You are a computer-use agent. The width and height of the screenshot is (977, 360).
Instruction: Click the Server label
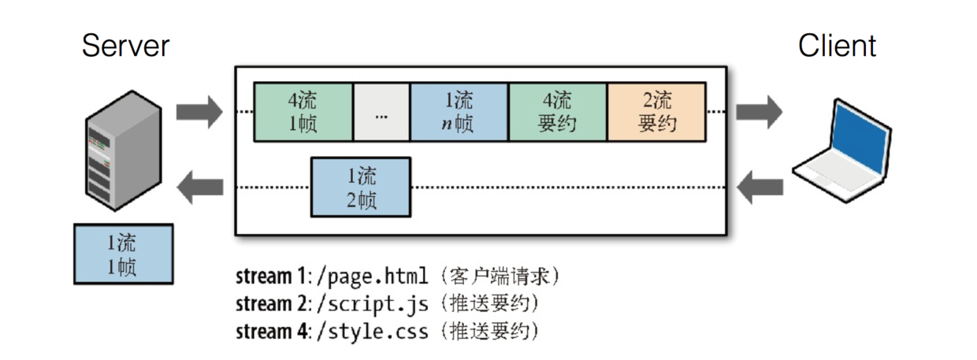click(125, 46)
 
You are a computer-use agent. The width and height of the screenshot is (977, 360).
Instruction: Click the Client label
click(837, 46)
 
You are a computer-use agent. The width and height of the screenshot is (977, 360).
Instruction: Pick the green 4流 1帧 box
click(303, 112)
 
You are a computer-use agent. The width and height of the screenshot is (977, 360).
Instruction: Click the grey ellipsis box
click(381, 112)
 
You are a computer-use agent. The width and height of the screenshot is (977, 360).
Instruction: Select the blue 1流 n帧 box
click(459, 112)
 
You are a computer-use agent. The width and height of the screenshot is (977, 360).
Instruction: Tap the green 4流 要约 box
click(558, 112)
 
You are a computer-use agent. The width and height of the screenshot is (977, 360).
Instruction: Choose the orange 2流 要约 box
click(656, 112)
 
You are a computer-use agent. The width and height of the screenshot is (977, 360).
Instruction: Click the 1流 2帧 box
click(361, 187)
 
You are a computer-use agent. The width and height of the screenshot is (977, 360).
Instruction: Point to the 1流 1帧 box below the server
click(122, 254)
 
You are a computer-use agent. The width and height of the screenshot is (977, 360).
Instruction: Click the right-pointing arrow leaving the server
click(199, 112)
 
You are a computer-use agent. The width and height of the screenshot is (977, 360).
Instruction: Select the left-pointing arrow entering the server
click(199, 187)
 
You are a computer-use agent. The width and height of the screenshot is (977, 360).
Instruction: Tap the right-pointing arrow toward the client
click(759, 112)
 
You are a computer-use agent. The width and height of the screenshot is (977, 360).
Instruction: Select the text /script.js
click(371, 303)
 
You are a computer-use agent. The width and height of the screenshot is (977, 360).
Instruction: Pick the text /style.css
click(372, 330)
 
